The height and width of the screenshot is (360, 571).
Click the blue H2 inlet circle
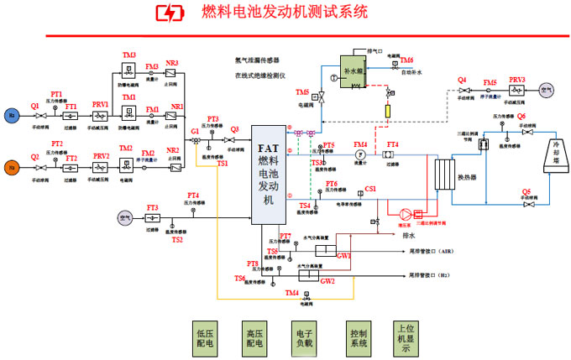tap(12, 115)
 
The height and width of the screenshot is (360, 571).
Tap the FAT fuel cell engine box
tap(267, 167)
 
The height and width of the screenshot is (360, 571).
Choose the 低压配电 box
tap(204, 337)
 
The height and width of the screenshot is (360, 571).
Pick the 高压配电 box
tap(254, 337)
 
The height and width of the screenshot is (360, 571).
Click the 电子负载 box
tap(303, 337)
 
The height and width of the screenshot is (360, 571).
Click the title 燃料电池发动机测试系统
tap(285, 13)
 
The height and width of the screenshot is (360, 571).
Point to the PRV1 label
tap(101, 104)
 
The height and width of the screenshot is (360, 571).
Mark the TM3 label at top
tap(128, 55)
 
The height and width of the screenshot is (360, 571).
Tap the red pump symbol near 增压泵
tap(409, 213)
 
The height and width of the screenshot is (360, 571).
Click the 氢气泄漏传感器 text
tap(258, 60)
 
